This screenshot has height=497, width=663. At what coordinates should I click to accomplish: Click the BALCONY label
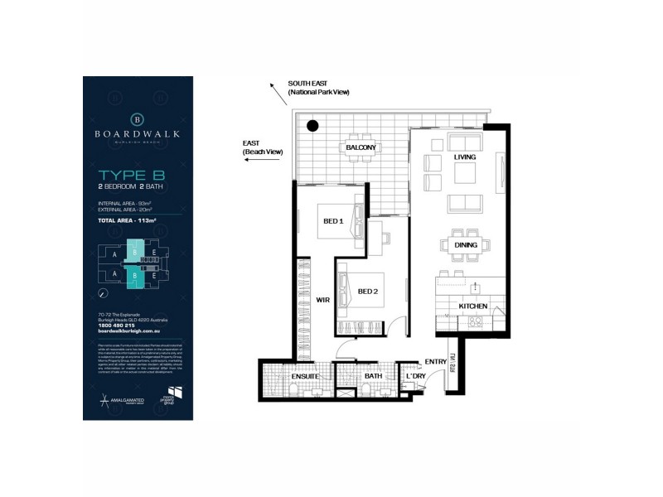(361, 148)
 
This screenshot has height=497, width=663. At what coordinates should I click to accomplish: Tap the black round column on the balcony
(313, 127)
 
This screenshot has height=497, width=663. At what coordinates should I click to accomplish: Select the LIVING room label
(463, 157)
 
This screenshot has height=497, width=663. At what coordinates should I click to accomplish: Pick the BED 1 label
(333, 222)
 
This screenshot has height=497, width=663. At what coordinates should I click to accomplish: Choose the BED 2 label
(368, 292)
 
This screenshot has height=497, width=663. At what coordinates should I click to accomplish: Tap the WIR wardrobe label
(322, 301)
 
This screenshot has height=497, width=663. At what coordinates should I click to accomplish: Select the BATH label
(373, 376)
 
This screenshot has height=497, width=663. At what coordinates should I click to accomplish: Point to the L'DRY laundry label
(414, 377)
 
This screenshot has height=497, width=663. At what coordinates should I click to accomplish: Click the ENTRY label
(434, 361)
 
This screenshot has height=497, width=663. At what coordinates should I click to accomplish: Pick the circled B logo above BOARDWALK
(138, 117)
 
